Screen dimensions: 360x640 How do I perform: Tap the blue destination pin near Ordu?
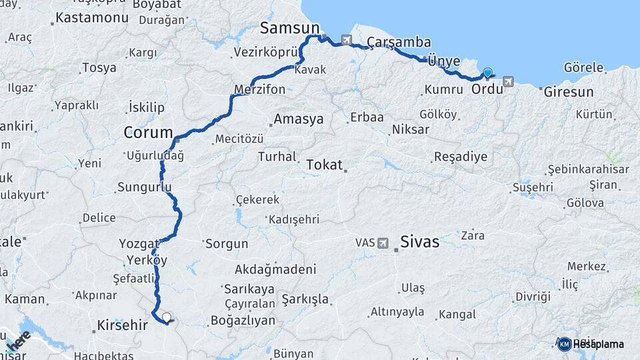[487, 73]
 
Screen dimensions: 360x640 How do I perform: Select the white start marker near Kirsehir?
[166, 318]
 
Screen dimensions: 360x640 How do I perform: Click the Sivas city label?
[419, 241]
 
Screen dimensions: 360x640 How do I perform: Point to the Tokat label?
[324, 164]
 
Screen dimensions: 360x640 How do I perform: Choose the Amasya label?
[299, 119]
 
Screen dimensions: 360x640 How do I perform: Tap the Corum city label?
[148, 133]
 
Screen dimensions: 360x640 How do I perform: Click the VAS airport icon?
[383, 243]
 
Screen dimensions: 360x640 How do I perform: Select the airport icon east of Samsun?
[347, 40]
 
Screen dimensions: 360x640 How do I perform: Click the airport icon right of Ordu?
[509, 81]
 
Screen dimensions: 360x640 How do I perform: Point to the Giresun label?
[568, 92]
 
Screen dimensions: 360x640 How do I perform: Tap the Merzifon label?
[260, 89]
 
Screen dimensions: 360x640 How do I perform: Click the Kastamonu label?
[92, 17]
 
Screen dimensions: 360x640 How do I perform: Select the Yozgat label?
[139, 243]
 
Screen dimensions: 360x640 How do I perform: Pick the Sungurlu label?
[144, 187]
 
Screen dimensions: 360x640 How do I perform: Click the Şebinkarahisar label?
[588, 169]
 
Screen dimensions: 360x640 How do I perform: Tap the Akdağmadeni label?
[275, 269]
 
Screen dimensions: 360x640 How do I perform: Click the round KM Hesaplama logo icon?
[565, 344]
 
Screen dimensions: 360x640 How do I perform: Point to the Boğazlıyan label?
[243, 320]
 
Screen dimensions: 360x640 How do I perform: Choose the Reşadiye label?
[460, 157]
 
